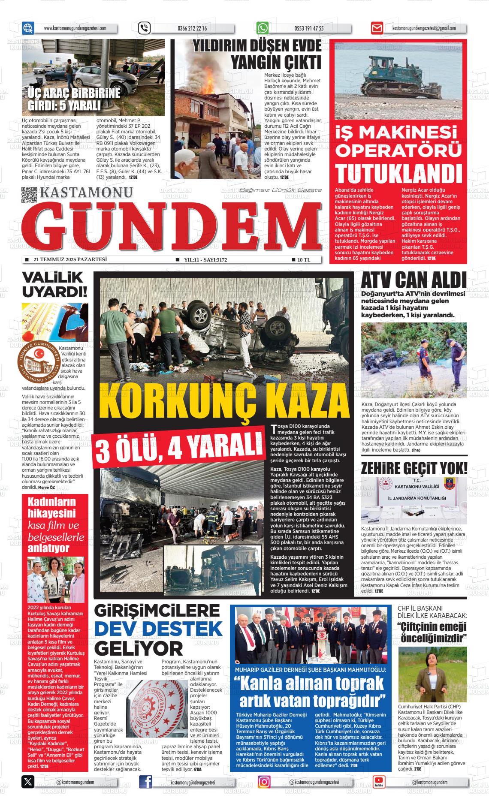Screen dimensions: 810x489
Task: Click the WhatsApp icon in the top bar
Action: coord(263,28)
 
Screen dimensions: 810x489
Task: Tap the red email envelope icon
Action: coord(377,28)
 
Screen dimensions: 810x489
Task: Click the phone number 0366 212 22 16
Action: coord(192,29)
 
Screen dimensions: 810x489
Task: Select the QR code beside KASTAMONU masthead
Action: coord(29,195)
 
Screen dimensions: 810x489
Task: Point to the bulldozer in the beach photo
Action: coord(393,76)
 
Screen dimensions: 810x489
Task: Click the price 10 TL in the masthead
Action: coord(303,259)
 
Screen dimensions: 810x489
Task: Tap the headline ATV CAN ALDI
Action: coord(414,280)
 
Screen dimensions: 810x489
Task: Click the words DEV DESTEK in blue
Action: coord(158,629)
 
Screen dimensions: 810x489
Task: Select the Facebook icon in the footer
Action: coord(146,782)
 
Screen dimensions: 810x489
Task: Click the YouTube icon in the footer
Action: coord(378,782)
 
